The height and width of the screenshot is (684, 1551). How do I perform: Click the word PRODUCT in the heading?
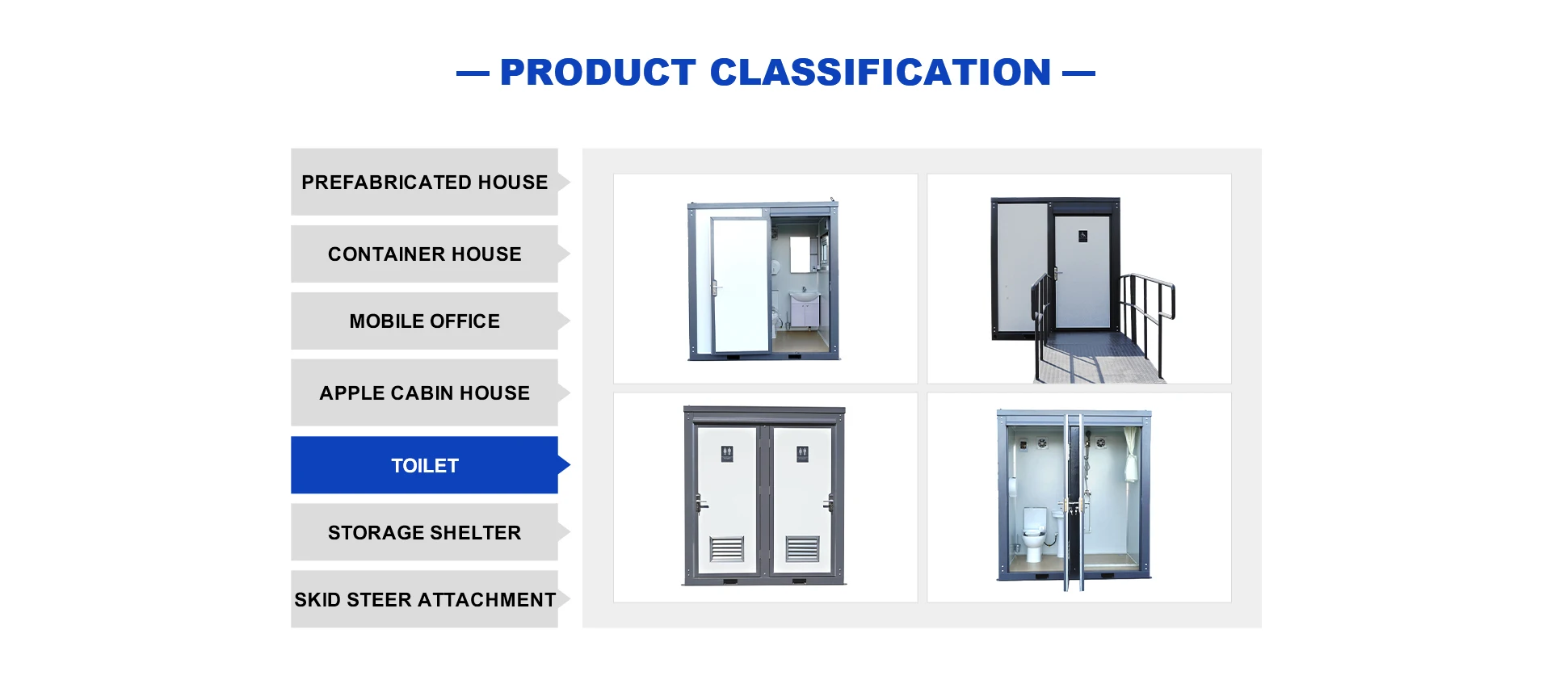598,72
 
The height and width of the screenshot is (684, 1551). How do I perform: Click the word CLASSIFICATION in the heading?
881,72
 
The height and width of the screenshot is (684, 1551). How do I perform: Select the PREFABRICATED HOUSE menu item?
424,182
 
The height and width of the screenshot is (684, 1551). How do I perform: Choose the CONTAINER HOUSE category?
424,254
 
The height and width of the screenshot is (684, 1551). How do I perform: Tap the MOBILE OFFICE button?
424,321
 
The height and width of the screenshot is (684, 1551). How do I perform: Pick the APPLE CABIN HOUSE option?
424,392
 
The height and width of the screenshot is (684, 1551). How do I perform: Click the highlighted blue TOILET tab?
424,465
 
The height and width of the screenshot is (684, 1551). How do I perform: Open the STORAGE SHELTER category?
424,532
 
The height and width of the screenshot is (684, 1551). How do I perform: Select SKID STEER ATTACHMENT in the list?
424,599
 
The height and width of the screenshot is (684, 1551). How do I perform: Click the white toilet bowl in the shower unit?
1034,533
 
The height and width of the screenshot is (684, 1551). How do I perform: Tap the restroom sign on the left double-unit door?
727,454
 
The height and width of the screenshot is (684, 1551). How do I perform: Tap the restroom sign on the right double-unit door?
802,454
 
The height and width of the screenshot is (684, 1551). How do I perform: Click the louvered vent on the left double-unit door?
726,549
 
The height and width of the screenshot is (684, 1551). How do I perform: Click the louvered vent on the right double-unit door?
802,549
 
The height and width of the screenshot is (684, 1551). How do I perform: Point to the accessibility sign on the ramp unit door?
1082,237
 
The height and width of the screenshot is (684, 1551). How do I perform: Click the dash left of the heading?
473,73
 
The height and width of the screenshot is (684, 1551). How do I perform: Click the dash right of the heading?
1078,73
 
